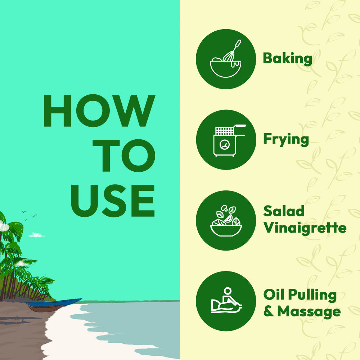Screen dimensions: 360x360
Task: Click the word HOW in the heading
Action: pos(99,111)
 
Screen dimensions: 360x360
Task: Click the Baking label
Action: pos(287,58)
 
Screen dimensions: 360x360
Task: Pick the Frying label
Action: pos(286,140)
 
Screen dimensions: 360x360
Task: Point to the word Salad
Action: pos(284,211)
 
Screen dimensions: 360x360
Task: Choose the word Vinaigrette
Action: pos(305,228)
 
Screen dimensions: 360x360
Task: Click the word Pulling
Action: pos(313,295)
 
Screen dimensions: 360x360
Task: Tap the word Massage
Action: pos(309,311)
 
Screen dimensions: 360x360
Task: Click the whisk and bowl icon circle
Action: pos(226,59)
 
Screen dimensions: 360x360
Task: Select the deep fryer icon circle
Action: pos(226,140)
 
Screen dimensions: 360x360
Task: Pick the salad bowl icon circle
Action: pos(226,220)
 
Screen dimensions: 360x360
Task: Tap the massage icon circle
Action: pos(226,301)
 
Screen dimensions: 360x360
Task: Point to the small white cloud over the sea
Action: pos(36,235)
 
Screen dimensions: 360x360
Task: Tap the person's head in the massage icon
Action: pos(227,291)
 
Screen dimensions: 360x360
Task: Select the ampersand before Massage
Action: pos(269,312)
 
